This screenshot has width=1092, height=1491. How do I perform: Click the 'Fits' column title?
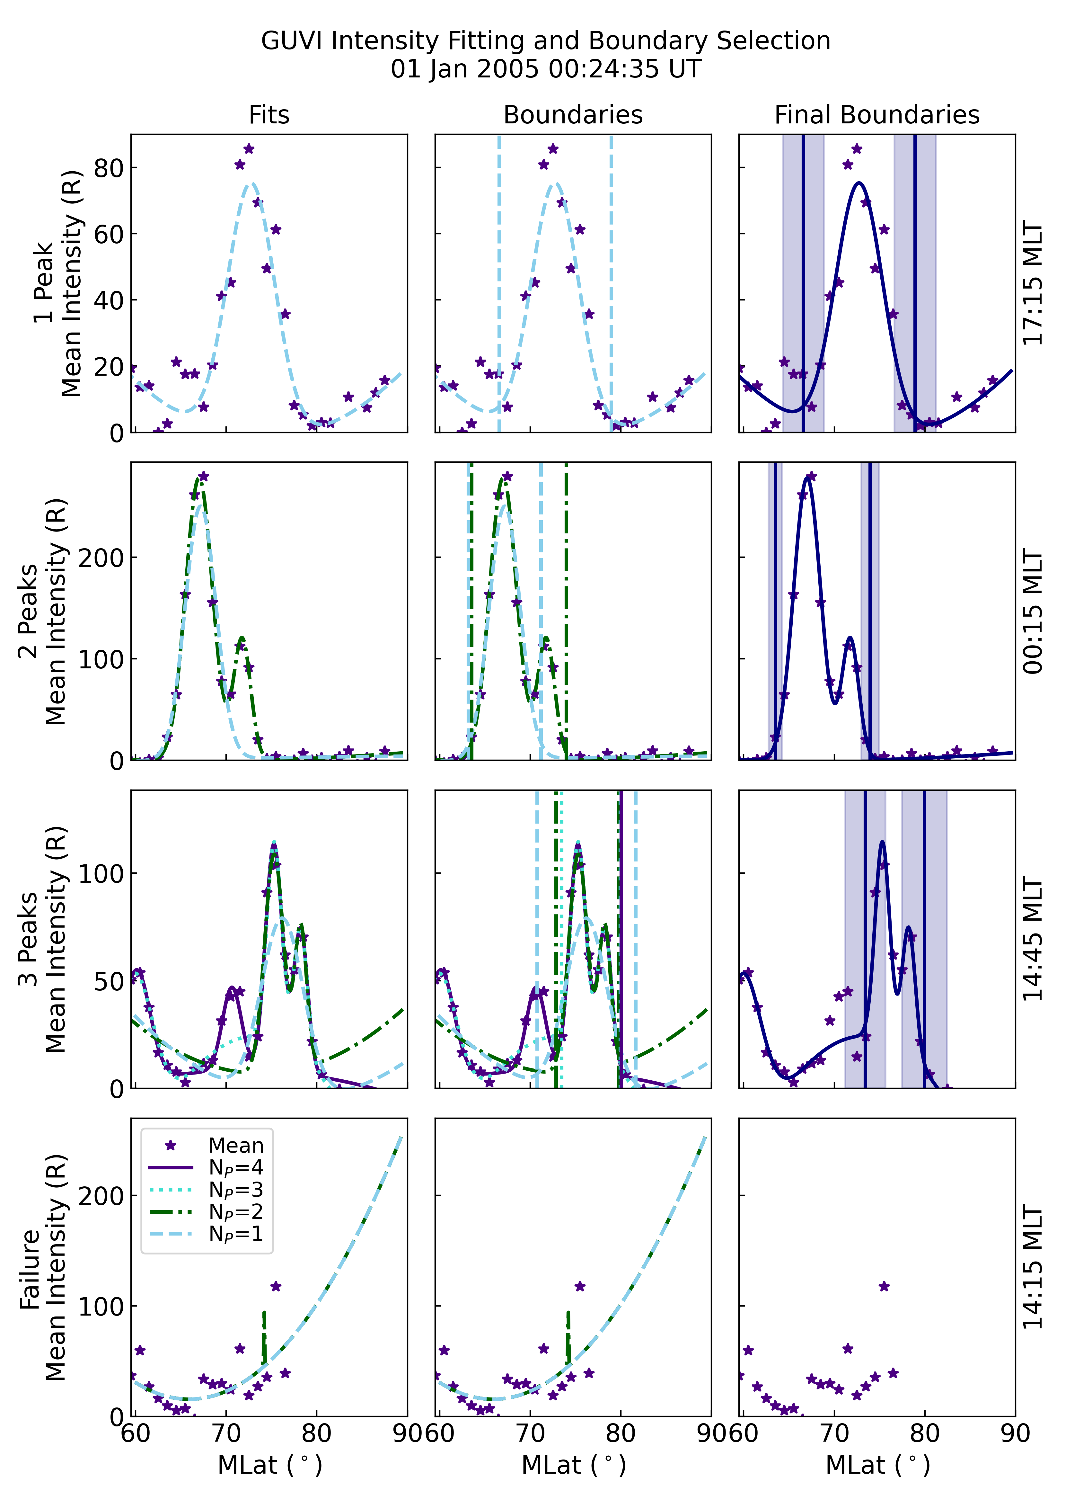click(269, 115)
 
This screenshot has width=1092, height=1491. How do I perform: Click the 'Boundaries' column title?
click(573, 115)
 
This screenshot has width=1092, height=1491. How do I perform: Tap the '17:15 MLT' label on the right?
click(1033, 283)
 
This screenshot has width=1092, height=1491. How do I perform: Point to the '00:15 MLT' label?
click(1033, 612)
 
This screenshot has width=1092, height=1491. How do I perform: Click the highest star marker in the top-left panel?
click(249, 149)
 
